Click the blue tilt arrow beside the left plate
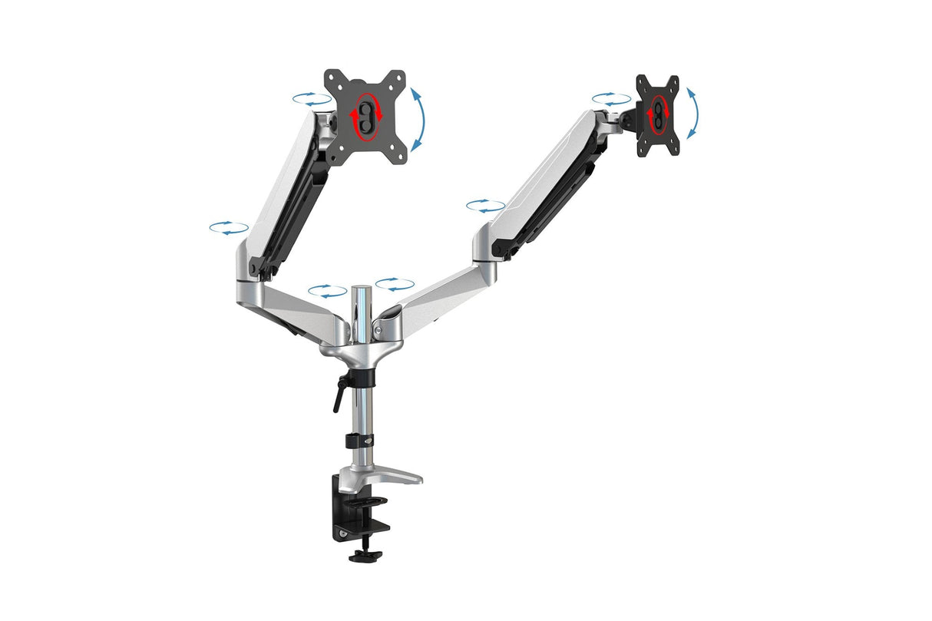pyautogui.click(x=419, y=119)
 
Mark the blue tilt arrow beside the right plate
pyautogui.click(x=692, y=113)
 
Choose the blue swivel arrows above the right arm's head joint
pyautogui.click(x=611, y=99)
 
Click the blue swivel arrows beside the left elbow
pyautogui.click(x=229, y=227)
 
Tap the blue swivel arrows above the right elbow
pyautogui.click(x=485, y=206)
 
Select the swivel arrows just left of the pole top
pyautogui.click(x=327, y=291)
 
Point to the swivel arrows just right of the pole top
pyautogui.click(x=395, y=285)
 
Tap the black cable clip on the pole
pyautogui.click(x=359, y=441)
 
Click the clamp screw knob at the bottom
pyautogui.click(x=365, y=554)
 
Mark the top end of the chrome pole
pyautogui.click(x=361, y=289)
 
